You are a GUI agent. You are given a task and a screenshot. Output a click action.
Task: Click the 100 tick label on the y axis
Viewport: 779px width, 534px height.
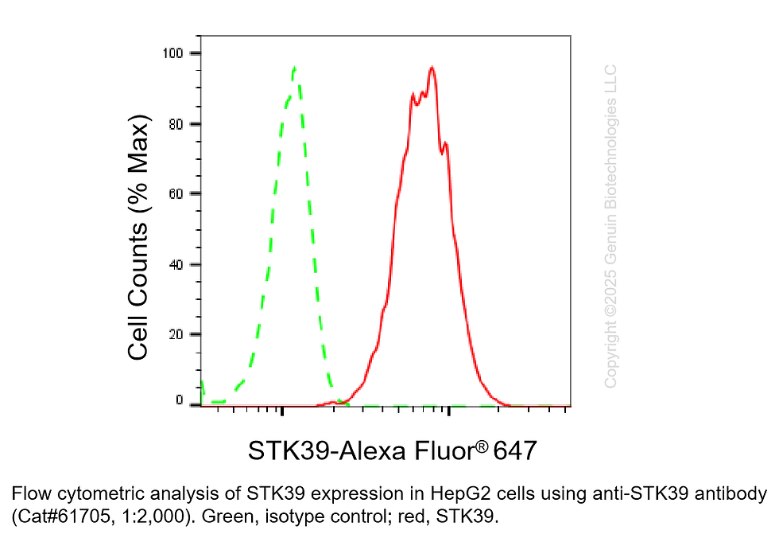(173, 53)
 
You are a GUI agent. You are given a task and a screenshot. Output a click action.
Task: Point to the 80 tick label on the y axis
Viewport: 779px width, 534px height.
(176, 124)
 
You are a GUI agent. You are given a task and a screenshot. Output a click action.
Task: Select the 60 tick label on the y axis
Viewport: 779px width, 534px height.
(176, 194)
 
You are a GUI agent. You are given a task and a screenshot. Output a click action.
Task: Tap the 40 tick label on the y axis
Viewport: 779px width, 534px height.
(176, 264)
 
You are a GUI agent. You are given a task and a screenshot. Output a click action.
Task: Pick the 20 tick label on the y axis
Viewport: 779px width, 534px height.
(176, 334)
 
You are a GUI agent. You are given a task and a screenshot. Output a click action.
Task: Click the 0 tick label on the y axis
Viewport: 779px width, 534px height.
(179, 400)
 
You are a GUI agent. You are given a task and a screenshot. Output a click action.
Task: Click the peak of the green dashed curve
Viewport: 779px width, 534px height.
(295, 68)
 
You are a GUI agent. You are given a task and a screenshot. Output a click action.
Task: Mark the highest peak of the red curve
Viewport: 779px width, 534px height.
(432, 68)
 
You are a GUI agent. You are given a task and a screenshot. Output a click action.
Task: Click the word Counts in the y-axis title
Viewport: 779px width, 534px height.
(138, 258)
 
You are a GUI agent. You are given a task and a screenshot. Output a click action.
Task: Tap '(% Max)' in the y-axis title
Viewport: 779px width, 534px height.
(138, 166)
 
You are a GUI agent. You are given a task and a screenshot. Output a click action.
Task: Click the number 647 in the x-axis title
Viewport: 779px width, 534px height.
(515, 450)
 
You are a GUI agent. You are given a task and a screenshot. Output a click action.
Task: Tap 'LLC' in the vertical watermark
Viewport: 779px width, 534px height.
(610, 77)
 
